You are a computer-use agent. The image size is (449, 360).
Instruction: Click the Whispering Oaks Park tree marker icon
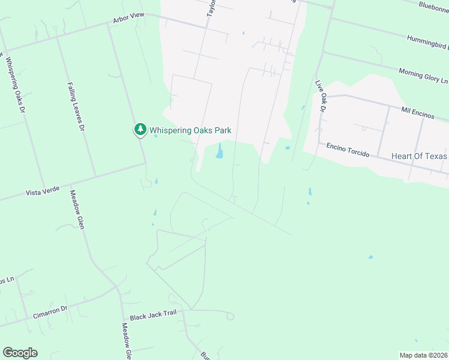140,129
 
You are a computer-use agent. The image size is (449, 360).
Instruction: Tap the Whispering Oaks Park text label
190,130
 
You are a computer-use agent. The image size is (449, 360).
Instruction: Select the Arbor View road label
129,19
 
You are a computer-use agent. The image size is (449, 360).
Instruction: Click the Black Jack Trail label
153,316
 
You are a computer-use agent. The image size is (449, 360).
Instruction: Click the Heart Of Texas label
419,156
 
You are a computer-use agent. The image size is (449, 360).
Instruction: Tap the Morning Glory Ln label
423,76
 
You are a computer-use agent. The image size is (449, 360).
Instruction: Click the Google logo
20,353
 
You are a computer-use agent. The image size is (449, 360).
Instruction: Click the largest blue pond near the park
220,152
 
